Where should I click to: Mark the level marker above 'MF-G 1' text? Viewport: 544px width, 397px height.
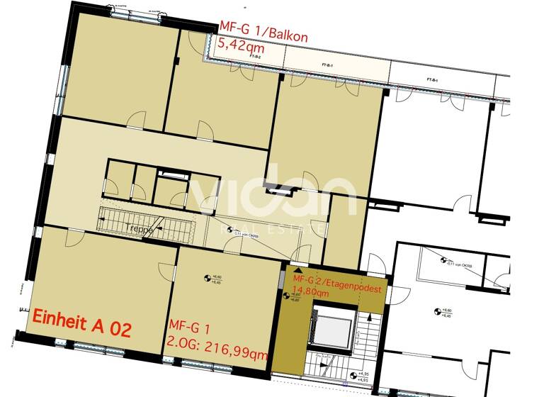point(208,278)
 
